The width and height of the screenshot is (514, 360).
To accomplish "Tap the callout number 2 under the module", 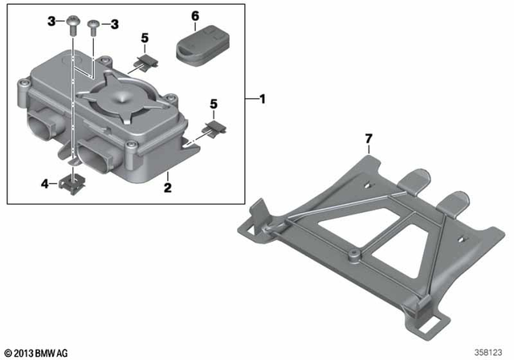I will click(168, 186).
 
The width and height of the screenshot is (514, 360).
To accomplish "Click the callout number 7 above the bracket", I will click(368, 140).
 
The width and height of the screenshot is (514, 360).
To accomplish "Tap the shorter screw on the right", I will click(93, 27).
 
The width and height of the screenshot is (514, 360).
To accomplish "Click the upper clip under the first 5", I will click(145, 58).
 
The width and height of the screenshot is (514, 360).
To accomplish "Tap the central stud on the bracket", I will click(353, 255).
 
